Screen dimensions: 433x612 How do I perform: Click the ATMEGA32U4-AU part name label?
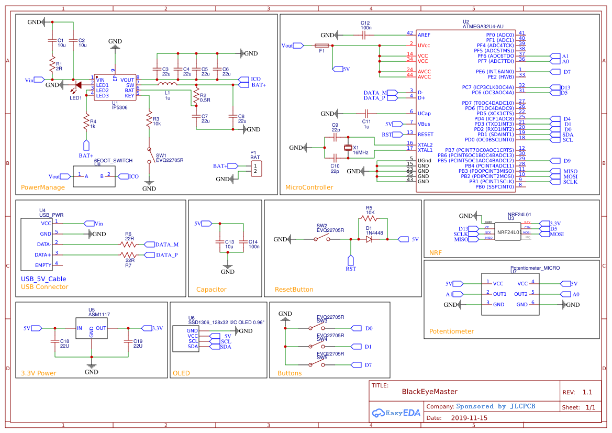click(483, 26)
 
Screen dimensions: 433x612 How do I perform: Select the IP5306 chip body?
click(115, 87)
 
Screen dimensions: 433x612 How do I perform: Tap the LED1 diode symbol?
click(78, 85)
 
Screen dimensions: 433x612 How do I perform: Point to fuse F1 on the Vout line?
click(321, 46)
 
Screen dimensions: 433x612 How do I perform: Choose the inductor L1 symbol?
click(168, 84)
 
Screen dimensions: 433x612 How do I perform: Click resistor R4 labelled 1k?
click(86, 123)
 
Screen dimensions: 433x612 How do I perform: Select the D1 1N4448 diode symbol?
click(369, 239)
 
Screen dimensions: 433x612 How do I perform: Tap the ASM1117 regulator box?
click(92, 328)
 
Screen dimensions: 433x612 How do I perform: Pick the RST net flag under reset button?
click(351, 260)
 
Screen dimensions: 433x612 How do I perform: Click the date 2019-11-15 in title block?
click(469, 418)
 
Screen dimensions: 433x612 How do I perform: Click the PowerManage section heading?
click(43, 187)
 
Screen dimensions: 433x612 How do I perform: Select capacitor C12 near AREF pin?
click(365, 35)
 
